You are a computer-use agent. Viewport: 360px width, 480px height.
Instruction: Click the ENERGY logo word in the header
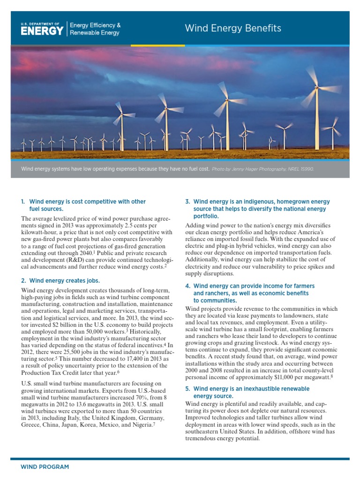pos(42,31)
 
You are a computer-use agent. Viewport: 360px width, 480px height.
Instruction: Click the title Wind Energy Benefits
pos(233,28)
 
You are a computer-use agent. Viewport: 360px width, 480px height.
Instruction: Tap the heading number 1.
pos(22,202)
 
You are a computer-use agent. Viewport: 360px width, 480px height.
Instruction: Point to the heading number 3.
pos(187,202)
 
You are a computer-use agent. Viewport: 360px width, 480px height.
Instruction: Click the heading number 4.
pos(187,286)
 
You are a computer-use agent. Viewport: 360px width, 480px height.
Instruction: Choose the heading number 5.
pos(187,389)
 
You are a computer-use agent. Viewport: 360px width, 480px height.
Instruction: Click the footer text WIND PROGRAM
pos(45,467)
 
